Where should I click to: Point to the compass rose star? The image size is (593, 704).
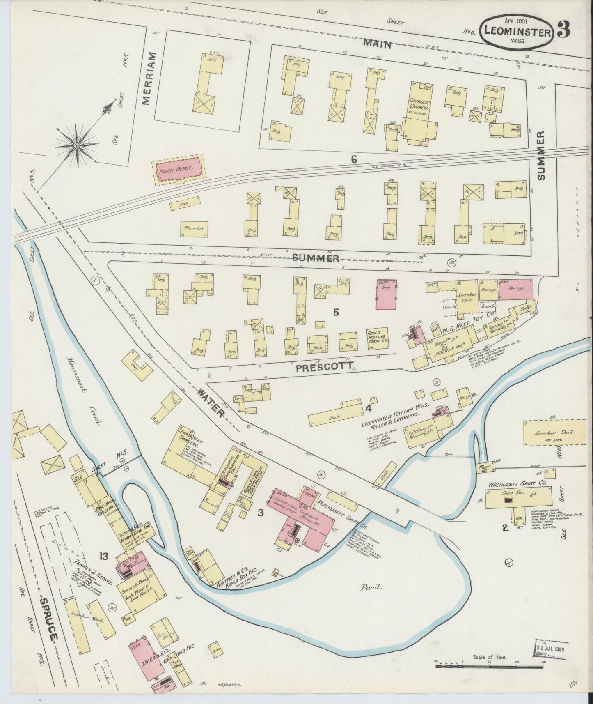point(77,145)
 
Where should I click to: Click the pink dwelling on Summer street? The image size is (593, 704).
point(386,294)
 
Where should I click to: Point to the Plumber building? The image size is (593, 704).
point(194,228)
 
